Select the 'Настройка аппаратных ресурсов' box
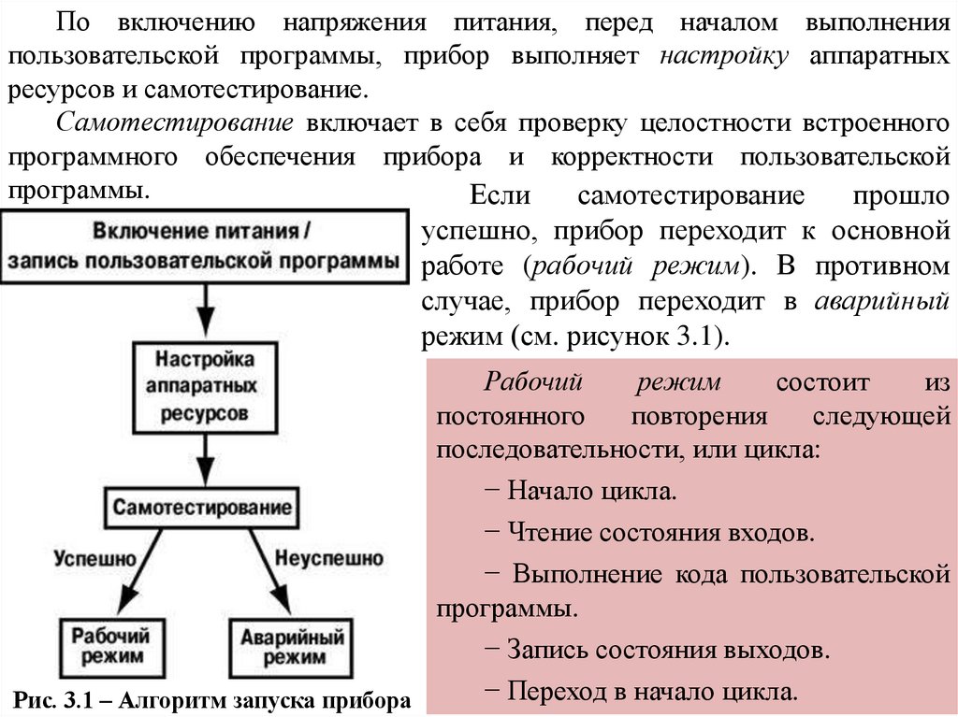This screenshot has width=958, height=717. (203, 383)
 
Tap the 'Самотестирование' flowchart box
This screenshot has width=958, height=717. (203, 508)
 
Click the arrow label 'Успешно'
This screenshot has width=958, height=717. (94, 558)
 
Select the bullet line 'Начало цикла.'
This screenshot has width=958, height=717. (581, 491)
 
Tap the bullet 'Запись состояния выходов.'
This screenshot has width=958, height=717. (658, 649)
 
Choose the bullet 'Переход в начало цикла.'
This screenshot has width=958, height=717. (642, 692)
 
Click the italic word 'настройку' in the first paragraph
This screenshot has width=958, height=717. (724, 55)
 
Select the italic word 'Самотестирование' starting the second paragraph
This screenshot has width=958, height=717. (176, 123)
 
